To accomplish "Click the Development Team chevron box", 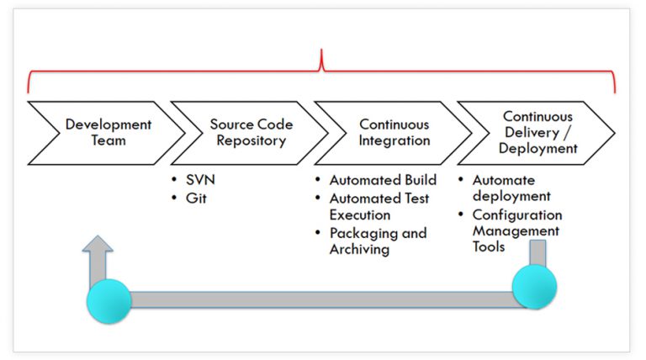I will pyautogui.click(x=108, y=132).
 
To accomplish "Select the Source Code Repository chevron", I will pyautogui.click(x=251, y=132).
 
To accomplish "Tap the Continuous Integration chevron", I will pyautogui.click(x=394, y=132).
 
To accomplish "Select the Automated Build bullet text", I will pyautogui.click(x=382, y=180).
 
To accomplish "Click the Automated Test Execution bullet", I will pyautogui.click(x=379, y=206).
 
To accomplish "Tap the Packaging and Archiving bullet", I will pyautogui.click(x=378, y=241).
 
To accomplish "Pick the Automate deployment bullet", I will pyautogui.click(x=503, y=188).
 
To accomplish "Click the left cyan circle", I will pyautogui.click(x=109, y=300).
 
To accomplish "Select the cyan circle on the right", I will pyautogui.click(x=535, y=287).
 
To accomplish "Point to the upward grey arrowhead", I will pyautogui.click(x=98, y=246).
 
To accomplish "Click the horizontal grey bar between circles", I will pyautogui.click(x=320, y=299).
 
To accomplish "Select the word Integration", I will pyautogui.click(x=394, y=140).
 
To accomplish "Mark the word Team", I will pyautogui.click(x=109, y=140).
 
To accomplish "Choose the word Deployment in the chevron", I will pyautogui.click(x=537, y=148).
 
